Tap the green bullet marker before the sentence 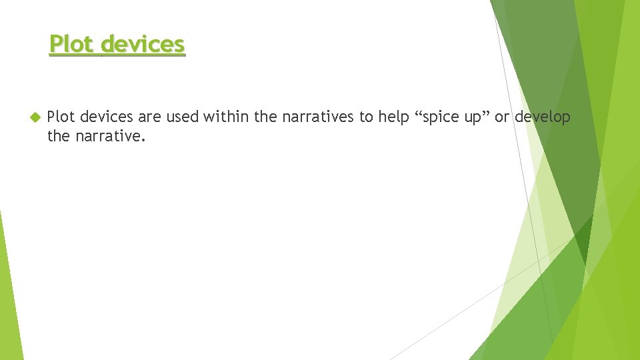point(35,117)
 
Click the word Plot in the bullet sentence point(61,117)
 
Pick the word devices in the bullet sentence point(106,117)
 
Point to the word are point(150,117)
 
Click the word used point(182,117)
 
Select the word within point(227,117)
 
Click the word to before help point(367,117)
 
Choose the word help point(393,117)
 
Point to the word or point(501,117)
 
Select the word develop point(543,117)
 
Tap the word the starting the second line point(58,137)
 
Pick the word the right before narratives point(265,117)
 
